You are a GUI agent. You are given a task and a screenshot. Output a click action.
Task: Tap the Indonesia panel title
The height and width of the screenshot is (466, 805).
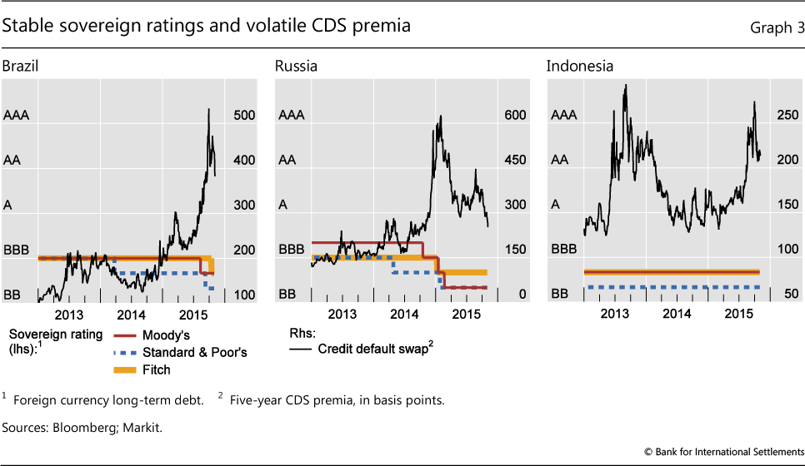click(x=575, y=66)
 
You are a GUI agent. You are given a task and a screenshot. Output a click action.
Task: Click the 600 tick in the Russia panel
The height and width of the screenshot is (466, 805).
click(x=516, y=116)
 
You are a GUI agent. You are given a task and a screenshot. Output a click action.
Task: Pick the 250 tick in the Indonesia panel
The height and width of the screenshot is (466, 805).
click(x=787, y=116)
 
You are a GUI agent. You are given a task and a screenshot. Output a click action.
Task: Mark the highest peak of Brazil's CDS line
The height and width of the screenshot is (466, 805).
click(x=207, y=109)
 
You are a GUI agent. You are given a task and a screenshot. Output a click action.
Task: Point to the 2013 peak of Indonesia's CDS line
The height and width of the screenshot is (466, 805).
click(x=625, y=85)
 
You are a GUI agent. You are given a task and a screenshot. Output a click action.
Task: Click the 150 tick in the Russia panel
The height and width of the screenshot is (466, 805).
click(x=516, y=250)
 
